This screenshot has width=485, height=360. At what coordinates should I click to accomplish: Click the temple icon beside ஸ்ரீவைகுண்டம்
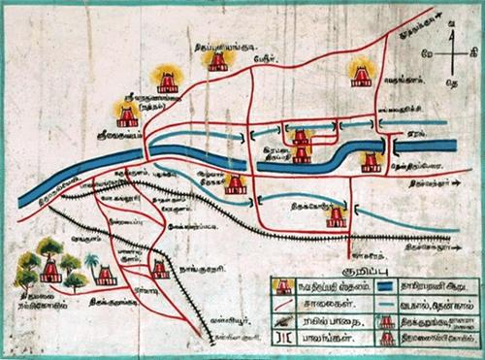[125, 115]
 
